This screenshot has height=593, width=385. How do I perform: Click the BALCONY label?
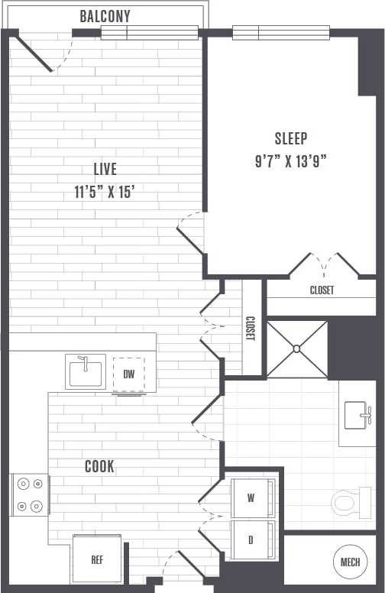pos(105,16)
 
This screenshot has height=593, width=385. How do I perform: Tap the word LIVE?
pos(105,169)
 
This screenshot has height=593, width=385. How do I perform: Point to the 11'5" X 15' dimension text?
pos(105,193)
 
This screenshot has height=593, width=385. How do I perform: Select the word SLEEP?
pos(291,138)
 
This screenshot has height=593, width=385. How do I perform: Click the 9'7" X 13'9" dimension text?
pos(291,161)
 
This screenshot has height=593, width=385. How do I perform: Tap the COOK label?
pos(99,465)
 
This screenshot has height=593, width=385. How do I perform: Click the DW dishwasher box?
pos(128,374)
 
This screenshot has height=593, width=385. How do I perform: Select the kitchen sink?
pos(85,372)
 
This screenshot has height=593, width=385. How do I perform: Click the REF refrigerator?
pos(97,559)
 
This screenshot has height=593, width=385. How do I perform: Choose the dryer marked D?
pos(251,540)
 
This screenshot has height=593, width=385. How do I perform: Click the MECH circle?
pos(350,562)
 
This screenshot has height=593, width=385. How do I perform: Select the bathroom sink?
pos(359,414)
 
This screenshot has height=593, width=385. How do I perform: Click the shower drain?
pos(296,349)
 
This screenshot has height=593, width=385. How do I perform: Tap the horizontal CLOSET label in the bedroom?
pos(322,290)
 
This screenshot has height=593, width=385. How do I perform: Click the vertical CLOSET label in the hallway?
pos(250,329)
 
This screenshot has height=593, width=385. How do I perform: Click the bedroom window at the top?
pos(258,33)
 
